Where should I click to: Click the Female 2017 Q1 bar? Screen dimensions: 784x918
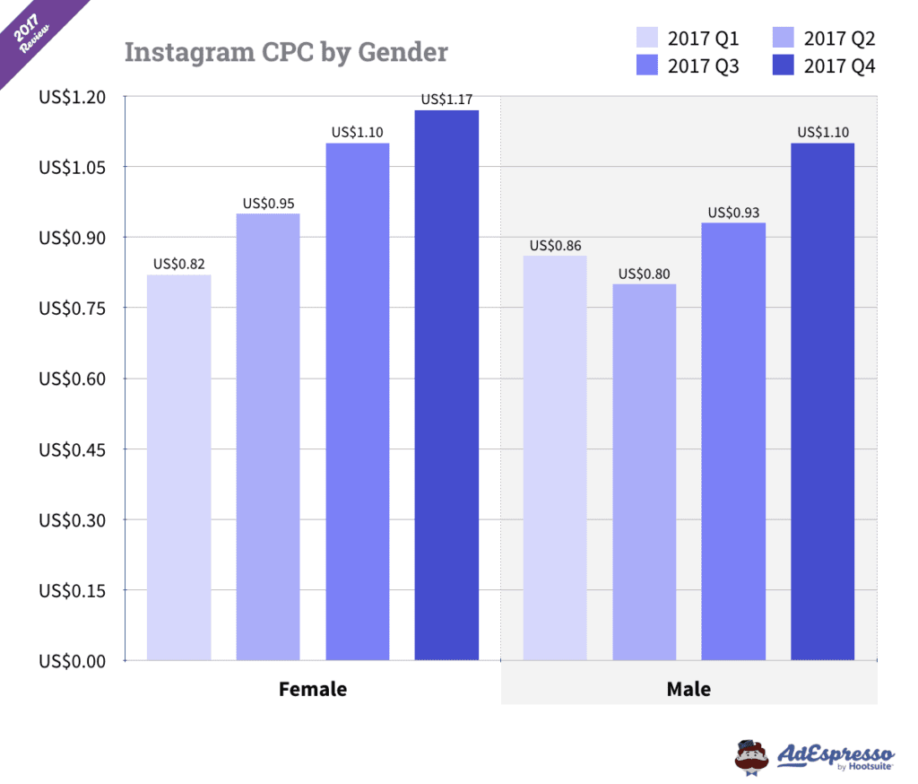179,467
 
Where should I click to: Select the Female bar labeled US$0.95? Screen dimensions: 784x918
268,437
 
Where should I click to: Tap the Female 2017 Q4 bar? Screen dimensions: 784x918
446,386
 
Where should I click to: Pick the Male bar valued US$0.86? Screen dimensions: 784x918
555,458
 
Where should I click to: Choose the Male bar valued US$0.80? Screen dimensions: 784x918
645,473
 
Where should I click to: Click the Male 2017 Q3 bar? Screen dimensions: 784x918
733,441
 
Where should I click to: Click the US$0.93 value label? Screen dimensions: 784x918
733,213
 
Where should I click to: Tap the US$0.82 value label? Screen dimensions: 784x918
179,265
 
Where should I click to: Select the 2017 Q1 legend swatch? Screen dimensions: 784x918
646,38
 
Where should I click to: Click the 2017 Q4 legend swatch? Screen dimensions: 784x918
783,65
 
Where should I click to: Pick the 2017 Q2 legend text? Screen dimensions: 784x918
839,38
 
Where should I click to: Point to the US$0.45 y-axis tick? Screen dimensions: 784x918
72,449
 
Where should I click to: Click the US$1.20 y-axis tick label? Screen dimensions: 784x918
72,96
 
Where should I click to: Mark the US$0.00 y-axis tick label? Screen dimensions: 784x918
72,661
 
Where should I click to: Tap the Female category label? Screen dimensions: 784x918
313,690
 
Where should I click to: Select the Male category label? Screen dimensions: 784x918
688,690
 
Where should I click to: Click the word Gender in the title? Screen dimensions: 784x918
403,52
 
